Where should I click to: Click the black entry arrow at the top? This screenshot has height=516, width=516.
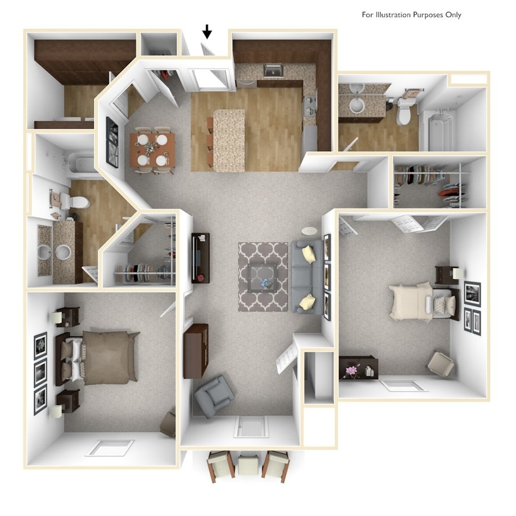[x=207, y=31]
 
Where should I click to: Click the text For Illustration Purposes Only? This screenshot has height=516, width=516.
[x=411, y=15]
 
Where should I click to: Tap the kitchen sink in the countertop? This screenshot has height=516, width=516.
[x=272, y=71]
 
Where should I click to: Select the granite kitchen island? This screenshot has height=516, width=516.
[x=228, y=140]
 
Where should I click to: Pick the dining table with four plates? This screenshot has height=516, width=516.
[x=152, y=149]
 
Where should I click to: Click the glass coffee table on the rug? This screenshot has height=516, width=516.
[x=263, y=278]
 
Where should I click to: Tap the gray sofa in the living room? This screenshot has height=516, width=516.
[x=306, y=277]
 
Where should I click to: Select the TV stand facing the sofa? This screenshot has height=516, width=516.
[x=201, y=257]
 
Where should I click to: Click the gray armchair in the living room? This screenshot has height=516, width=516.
[x=213, y=396]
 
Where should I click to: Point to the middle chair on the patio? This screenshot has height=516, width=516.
[x=248, y=466]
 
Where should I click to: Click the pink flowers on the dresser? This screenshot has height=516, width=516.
[x=353, y=370]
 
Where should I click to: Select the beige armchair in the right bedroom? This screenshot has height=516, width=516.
[x=440, y=364]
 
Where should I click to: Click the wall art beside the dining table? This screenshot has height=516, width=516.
[x=112, y=141]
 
